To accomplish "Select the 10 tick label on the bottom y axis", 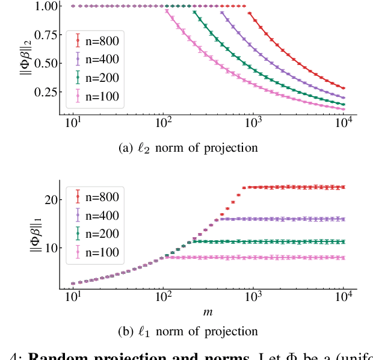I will (48, 247).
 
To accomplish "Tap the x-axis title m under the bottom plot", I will (208, 312).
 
